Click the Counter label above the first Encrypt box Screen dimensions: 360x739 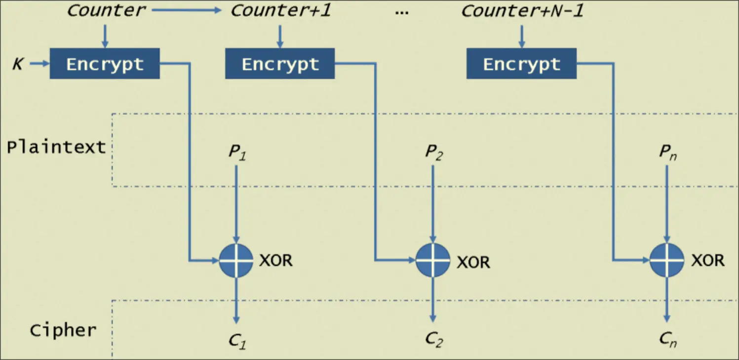pos(106,10)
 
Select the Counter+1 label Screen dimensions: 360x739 pos(281,10)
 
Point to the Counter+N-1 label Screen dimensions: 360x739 pos(522,10)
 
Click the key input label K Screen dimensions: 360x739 pos(17,64)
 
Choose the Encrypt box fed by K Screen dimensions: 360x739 pos(105,64)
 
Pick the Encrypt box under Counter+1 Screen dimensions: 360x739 pos(280,64)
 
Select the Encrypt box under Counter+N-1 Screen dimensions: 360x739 pos(521,64)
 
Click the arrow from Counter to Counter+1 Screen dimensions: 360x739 pos(188,10)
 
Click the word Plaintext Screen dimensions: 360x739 pos(56,147)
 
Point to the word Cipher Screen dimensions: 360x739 pos(63,330)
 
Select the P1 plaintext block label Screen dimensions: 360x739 pos(237,152)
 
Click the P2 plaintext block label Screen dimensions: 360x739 pos(433,152)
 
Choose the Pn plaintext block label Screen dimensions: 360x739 pos(667,152)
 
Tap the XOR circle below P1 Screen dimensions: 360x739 pos(236,260)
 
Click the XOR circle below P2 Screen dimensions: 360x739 pos(432,260)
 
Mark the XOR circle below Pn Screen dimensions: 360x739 pos(666,260)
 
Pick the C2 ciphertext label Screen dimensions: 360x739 pos(433,340)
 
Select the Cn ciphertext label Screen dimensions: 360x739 pos(667,339)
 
